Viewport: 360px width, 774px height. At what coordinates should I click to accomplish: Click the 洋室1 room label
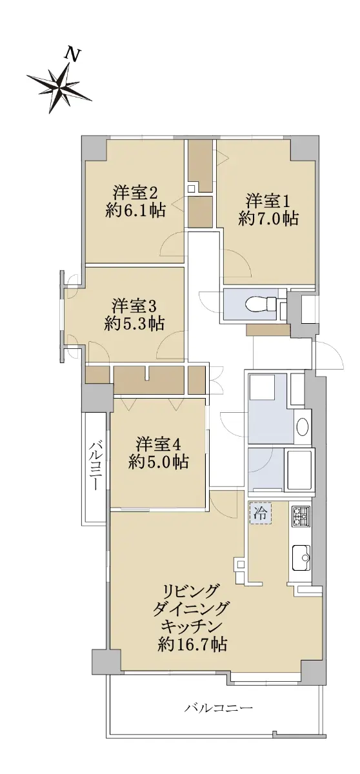268,201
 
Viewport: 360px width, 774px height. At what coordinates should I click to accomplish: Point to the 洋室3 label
134,306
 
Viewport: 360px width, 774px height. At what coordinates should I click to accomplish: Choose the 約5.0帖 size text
158,461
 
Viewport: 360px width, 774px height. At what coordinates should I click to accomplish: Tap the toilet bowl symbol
259,304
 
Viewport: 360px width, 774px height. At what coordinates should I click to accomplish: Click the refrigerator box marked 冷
261,513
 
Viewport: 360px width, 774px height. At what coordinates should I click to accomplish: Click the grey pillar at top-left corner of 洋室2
94,148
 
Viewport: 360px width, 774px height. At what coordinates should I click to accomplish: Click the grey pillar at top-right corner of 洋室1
303,148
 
